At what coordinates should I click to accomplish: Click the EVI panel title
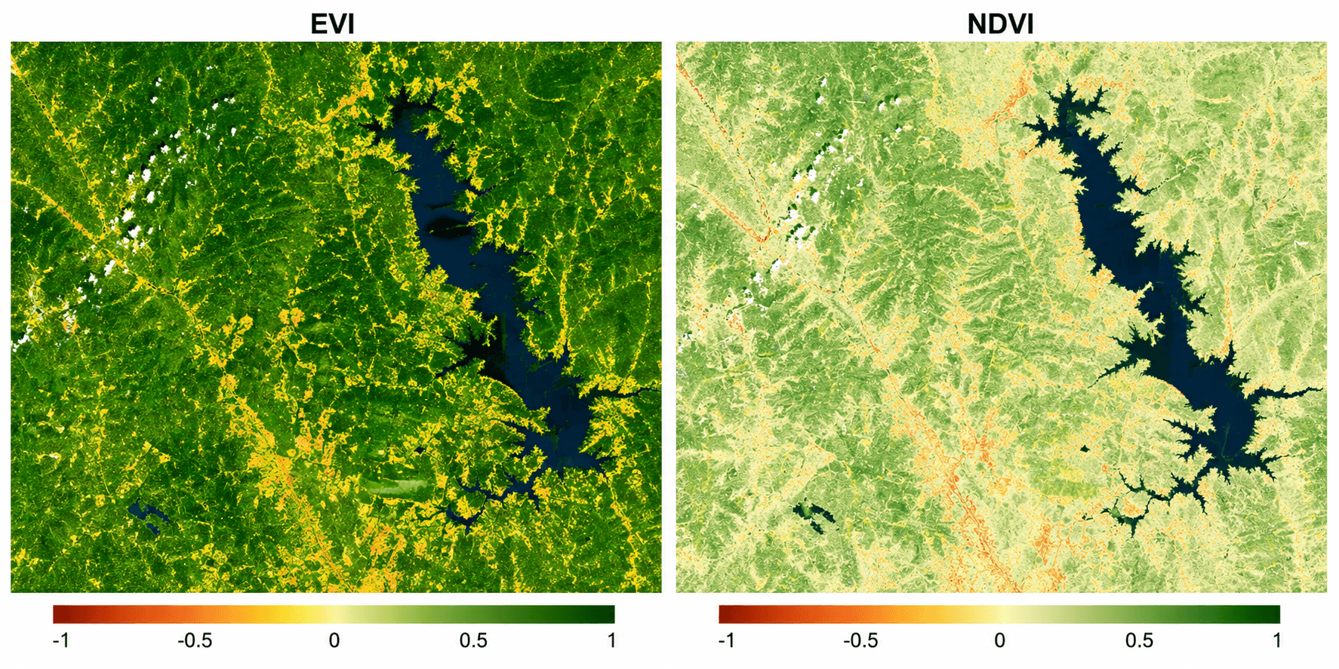(332, 23)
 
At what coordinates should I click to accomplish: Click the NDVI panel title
(999, 23)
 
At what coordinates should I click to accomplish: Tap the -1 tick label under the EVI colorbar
(61, 641)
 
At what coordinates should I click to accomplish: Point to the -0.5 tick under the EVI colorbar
(195, 641)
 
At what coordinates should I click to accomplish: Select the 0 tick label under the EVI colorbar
(334, 641)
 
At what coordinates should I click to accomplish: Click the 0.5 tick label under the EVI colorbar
(473, 641)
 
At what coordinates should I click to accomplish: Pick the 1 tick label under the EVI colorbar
(611, 641)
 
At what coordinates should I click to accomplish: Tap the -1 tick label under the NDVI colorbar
(726, 641)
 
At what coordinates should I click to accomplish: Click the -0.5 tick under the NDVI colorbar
(860, 641)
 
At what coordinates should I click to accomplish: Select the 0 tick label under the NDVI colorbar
(999, 641)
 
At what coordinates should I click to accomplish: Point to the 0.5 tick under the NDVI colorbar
(1138, 641)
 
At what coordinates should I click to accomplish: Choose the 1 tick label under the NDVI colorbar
(1276, 641)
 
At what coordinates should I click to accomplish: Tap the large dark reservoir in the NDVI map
(1117, 226)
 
